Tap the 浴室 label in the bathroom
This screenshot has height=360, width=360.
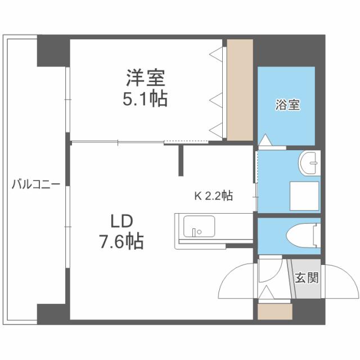[x=287, y=105]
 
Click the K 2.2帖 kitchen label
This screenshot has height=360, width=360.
[x=214, y=196]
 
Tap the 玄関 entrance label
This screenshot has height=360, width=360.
[x=305, y=278]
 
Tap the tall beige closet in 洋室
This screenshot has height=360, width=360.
[x=240, y=90]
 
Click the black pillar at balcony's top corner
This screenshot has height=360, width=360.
[x=53, y=51]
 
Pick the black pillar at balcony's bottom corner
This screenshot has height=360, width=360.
[x=52, y=313]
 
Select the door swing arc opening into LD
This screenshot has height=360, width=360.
[x=236, y=282]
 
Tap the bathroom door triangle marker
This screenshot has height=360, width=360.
[x=265, y=138]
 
